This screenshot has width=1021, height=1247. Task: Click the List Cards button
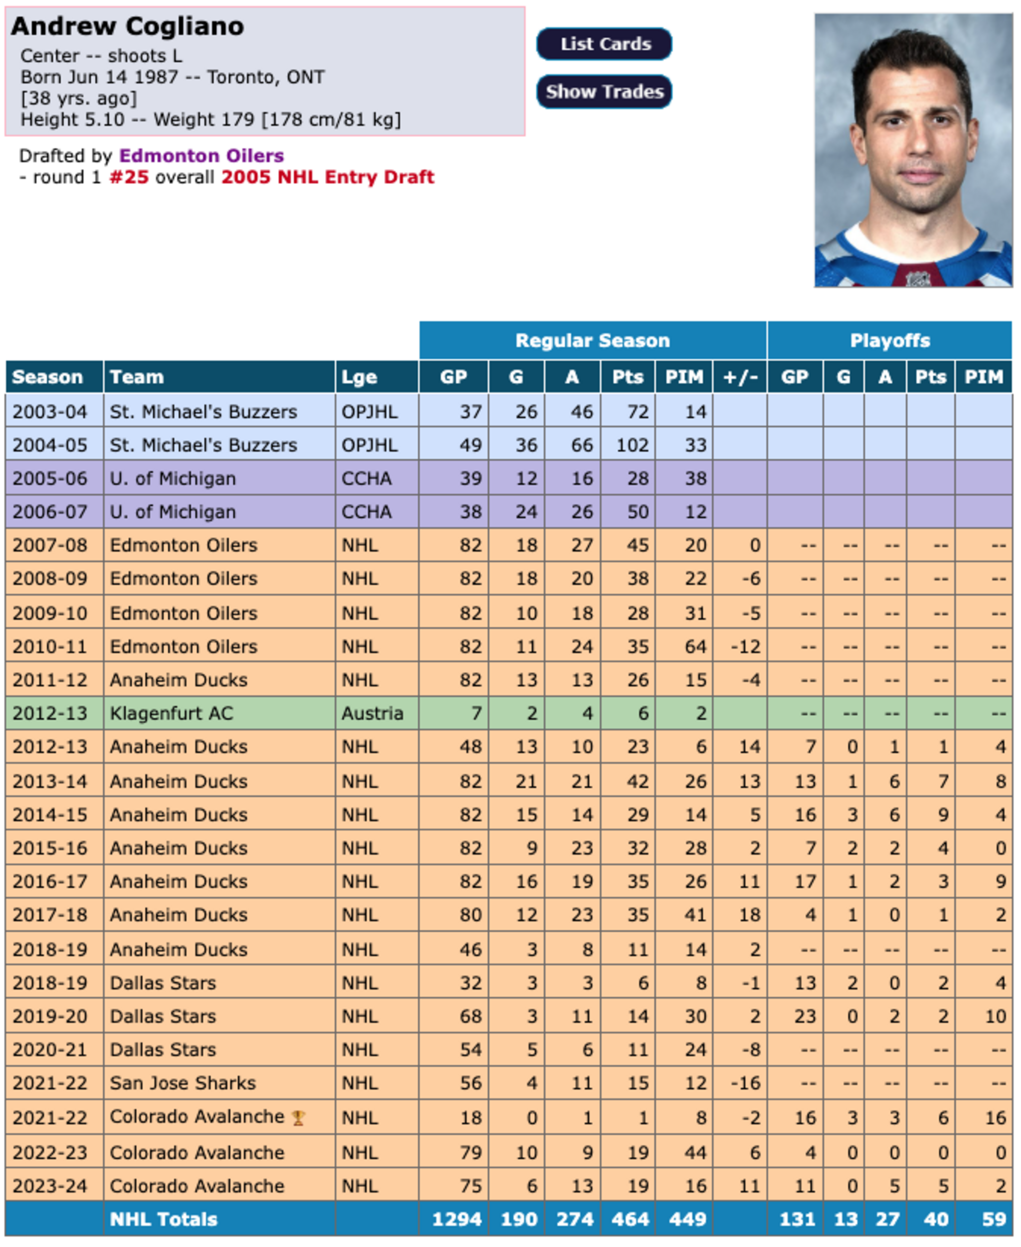pos(604,44)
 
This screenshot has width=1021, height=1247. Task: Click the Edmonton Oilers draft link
pos(201,156)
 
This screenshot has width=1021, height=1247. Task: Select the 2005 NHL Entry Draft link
pos(328,177)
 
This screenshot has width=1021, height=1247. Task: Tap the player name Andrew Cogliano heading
pos(128,26)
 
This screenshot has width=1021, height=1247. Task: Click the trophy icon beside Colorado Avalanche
pos(298,1118)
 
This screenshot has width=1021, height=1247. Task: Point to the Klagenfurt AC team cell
pos(172,713)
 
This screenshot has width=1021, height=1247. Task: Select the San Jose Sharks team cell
pos(183,1083)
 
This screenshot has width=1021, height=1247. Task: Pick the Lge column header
pos(359,377)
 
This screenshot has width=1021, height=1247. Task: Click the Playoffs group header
pos(889,341)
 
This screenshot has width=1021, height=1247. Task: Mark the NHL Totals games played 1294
pos(456,1220)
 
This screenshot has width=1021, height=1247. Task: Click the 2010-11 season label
pos(50,647)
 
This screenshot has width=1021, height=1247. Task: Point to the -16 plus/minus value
pos(745,1083)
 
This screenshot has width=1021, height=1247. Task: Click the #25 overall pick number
pos(129,177)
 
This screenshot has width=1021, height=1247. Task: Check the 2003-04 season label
pos(50,412)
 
